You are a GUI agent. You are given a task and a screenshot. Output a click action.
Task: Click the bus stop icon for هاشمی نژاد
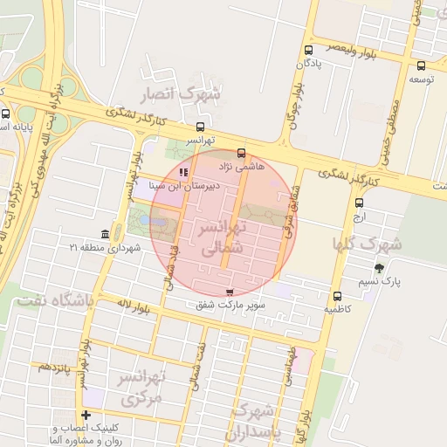(241, 153)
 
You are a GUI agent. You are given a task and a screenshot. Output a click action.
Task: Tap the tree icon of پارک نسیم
(378, 268)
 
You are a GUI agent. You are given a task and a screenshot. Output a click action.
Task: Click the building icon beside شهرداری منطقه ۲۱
(106, 235)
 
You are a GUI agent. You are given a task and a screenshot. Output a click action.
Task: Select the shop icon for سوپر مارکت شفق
(230, 292)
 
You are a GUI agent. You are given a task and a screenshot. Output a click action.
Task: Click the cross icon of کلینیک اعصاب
(86, 415)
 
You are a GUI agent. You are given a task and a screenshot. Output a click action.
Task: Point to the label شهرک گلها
(368, 243)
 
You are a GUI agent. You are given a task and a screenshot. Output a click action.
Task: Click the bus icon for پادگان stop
(308, 50)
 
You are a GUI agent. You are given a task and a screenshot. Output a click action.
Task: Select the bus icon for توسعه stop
(421, 65)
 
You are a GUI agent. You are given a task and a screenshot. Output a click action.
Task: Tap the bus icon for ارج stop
(359, 203)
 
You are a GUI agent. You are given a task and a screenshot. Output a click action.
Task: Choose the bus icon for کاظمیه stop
(337, 295)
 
